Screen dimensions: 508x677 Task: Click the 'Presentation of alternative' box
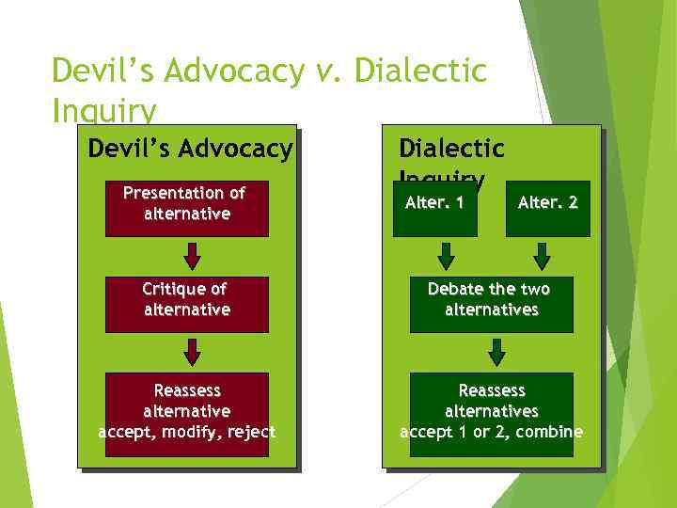click(186, 209)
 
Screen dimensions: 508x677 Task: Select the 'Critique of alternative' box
click(186, 305)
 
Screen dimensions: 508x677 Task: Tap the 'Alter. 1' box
click(434, 209)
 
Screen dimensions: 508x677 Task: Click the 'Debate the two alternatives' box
click(491, 305)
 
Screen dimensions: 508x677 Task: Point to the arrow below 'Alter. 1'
click(447, 256)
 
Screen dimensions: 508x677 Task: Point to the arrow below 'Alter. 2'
click(542, 256)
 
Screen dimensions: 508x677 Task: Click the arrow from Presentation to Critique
click(192, 256)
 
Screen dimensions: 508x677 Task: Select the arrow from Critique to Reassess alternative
click(192, 352)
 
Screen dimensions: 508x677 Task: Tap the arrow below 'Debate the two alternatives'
click(497, 352)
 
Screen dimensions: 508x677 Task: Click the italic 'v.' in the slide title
click(329, 71)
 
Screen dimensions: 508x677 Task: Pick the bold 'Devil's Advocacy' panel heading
click(190, 149)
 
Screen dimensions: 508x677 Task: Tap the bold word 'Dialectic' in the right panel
click(451, 149)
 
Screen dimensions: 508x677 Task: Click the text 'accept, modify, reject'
click(186, 432)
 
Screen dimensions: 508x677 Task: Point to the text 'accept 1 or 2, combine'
click(491, 432)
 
